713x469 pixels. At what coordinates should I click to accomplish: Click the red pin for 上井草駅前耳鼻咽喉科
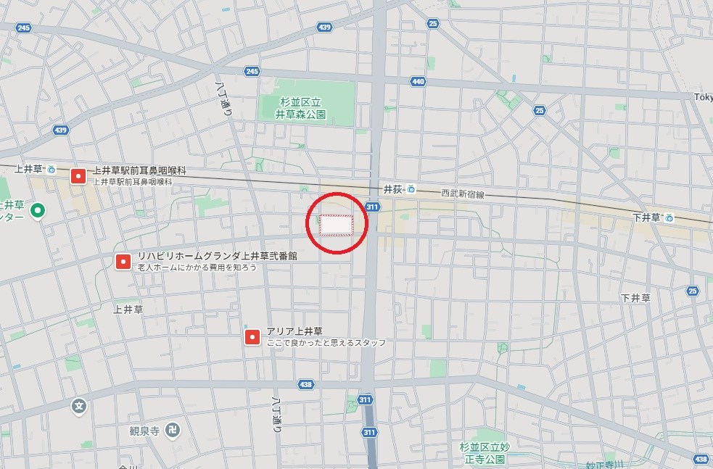78,176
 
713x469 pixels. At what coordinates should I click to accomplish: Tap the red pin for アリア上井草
252,336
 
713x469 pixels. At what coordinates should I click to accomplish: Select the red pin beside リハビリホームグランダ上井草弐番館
123,261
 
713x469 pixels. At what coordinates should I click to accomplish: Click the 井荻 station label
392,189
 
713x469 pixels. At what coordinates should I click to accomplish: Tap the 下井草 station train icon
669,217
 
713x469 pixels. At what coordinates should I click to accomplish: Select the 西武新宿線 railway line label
462,194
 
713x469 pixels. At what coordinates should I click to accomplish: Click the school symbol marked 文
79,407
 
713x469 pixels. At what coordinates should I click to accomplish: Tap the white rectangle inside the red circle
337,225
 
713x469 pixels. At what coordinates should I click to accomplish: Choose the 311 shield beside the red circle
372,207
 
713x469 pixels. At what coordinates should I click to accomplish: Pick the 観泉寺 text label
144,431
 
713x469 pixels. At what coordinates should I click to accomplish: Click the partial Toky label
702,97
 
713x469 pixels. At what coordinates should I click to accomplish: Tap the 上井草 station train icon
51,170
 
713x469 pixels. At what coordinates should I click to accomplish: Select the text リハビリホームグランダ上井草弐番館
217,256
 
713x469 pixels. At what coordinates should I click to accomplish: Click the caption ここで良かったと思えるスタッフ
326,343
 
